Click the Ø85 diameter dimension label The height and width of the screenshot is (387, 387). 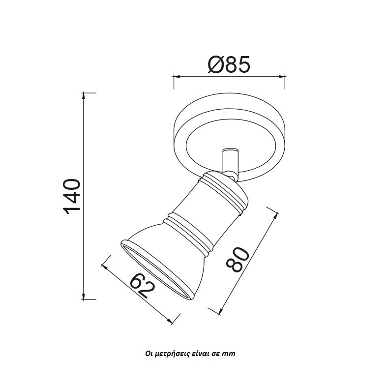229,65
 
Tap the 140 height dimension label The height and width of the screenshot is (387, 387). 72,197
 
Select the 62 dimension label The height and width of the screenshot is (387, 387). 143,286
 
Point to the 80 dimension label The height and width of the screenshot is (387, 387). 237,259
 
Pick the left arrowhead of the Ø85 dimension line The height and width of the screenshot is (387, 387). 177,77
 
